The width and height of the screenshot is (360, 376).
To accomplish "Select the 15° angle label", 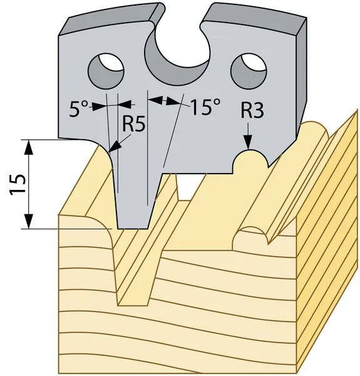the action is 205,107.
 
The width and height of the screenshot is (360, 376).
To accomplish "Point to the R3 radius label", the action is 252,110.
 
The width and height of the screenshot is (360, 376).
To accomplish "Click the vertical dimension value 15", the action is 18,184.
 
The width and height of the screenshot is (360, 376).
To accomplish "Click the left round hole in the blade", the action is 106,71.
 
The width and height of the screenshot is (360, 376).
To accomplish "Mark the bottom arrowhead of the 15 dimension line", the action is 29,221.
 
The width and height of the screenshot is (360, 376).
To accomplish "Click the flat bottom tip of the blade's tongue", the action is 133,228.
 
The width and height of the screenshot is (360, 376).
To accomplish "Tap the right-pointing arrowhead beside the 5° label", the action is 99,106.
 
